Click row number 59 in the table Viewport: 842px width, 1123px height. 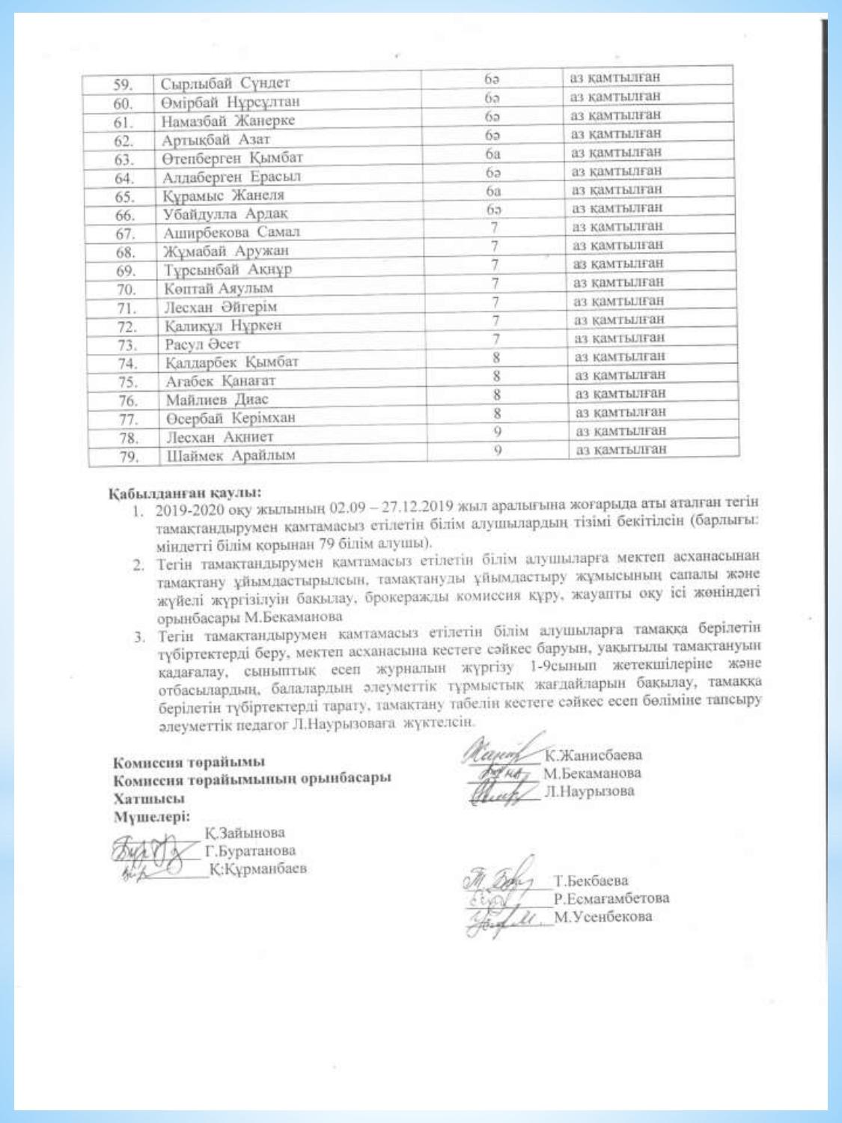coord(122,84)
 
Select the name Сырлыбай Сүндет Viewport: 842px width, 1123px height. coord(225,82)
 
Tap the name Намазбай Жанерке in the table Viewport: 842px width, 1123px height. coord(228,121)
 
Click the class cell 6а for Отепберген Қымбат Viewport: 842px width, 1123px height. coord(492,153)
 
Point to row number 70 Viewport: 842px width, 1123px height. coord(126,289)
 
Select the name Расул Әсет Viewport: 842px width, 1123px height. coord(203,344)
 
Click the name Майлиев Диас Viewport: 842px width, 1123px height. coord(217,400)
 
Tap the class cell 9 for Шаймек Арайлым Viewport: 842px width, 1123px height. coord(497,450)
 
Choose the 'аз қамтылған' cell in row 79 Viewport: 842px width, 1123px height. coord(620,450)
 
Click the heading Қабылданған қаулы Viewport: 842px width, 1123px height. coord(185,493)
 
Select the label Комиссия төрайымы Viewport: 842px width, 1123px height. coord(189,762)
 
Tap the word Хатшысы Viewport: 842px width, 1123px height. coord(149,798)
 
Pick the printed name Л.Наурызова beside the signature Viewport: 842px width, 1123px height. coord(589,791)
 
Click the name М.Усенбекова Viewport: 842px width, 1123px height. coord(603,916)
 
